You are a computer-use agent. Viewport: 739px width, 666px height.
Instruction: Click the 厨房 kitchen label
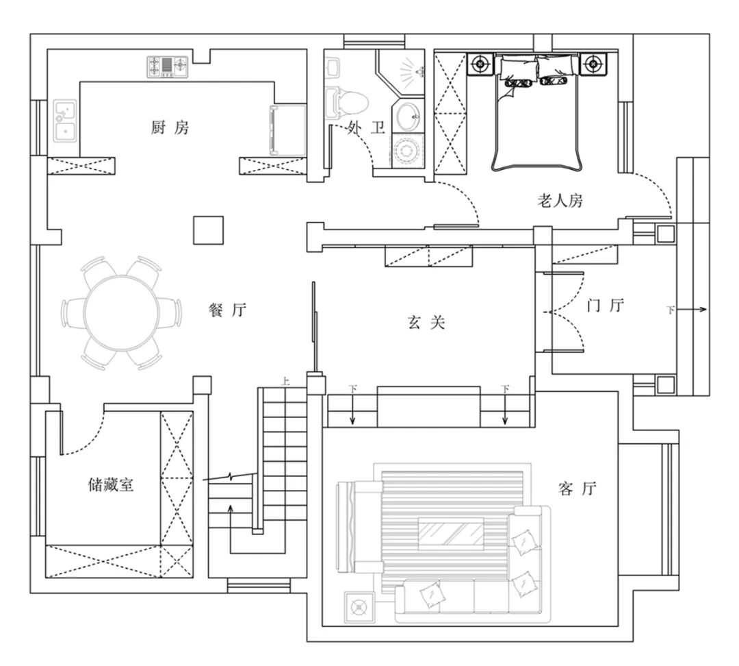(170, 127)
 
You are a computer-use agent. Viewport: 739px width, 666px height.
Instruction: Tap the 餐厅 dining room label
(228, 310)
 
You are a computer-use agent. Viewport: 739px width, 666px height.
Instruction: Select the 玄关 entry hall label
(426, 323)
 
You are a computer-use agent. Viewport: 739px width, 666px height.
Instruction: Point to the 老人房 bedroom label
(560, 201)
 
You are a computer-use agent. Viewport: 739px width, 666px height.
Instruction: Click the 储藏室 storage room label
(112, 484)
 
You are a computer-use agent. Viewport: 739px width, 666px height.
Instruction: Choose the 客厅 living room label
(578, 488)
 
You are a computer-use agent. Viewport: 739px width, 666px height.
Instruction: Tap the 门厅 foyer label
(606, 306)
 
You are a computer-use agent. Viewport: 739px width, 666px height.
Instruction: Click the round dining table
(122, 313)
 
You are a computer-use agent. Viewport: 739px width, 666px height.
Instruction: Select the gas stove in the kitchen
(168, 66)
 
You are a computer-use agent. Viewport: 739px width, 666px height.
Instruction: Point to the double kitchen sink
(64, 121)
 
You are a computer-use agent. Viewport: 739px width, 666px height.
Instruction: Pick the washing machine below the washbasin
(408, 151)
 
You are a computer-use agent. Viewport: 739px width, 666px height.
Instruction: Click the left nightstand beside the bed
(481, 63)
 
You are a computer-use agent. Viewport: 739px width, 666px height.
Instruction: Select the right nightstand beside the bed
(593, 63)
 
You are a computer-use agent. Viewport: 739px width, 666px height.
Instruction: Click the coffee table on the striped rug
(452, 534)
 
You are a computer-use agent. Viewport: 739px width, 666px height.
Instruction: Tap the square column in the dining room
(208, 230)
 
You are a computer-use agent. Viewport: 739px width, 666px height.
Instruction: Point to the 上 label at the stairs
(285, 382)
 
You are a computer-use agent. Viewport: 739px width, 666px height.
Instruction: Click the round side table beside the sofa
(360, 606)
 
